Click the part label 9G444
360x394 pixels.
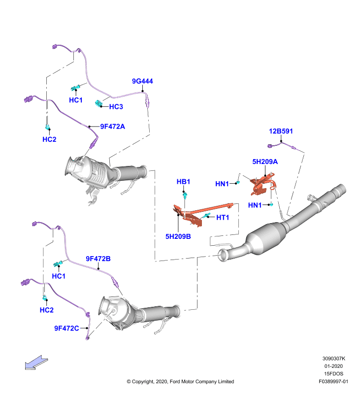[142, 81]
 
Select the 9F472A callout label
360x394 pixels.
[113, 127]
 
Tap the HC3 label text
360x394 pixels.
[116, 106]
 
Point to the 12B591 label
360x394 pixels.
[281, 131]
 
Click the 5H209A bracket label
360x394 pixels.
[265, 162]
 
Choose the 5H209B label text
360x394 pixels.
[178, 236]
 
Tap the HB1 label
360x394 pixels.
[183, 182]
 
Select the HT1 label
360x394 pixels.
[223, 217]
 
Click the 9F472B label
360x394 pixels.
[98, 259]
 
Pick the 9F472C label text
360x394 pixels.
[66, 328]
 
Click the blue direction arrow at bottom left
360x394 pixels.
[36, 362]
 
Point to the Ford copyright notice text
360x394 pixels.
[180, 381]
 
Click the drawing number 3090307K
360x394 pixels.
[334, 359]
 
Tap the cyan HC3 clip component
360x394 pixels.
[98, 103]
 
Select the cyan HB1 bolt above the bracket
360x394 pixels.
[185, 195]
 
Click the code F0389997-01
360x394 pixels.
[333, 381]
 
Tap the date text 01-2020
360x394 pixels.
[333, 366]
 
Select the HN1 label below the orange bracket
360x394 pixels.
[255, 205]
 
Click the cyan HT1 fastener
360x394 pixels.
[207, 215]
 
